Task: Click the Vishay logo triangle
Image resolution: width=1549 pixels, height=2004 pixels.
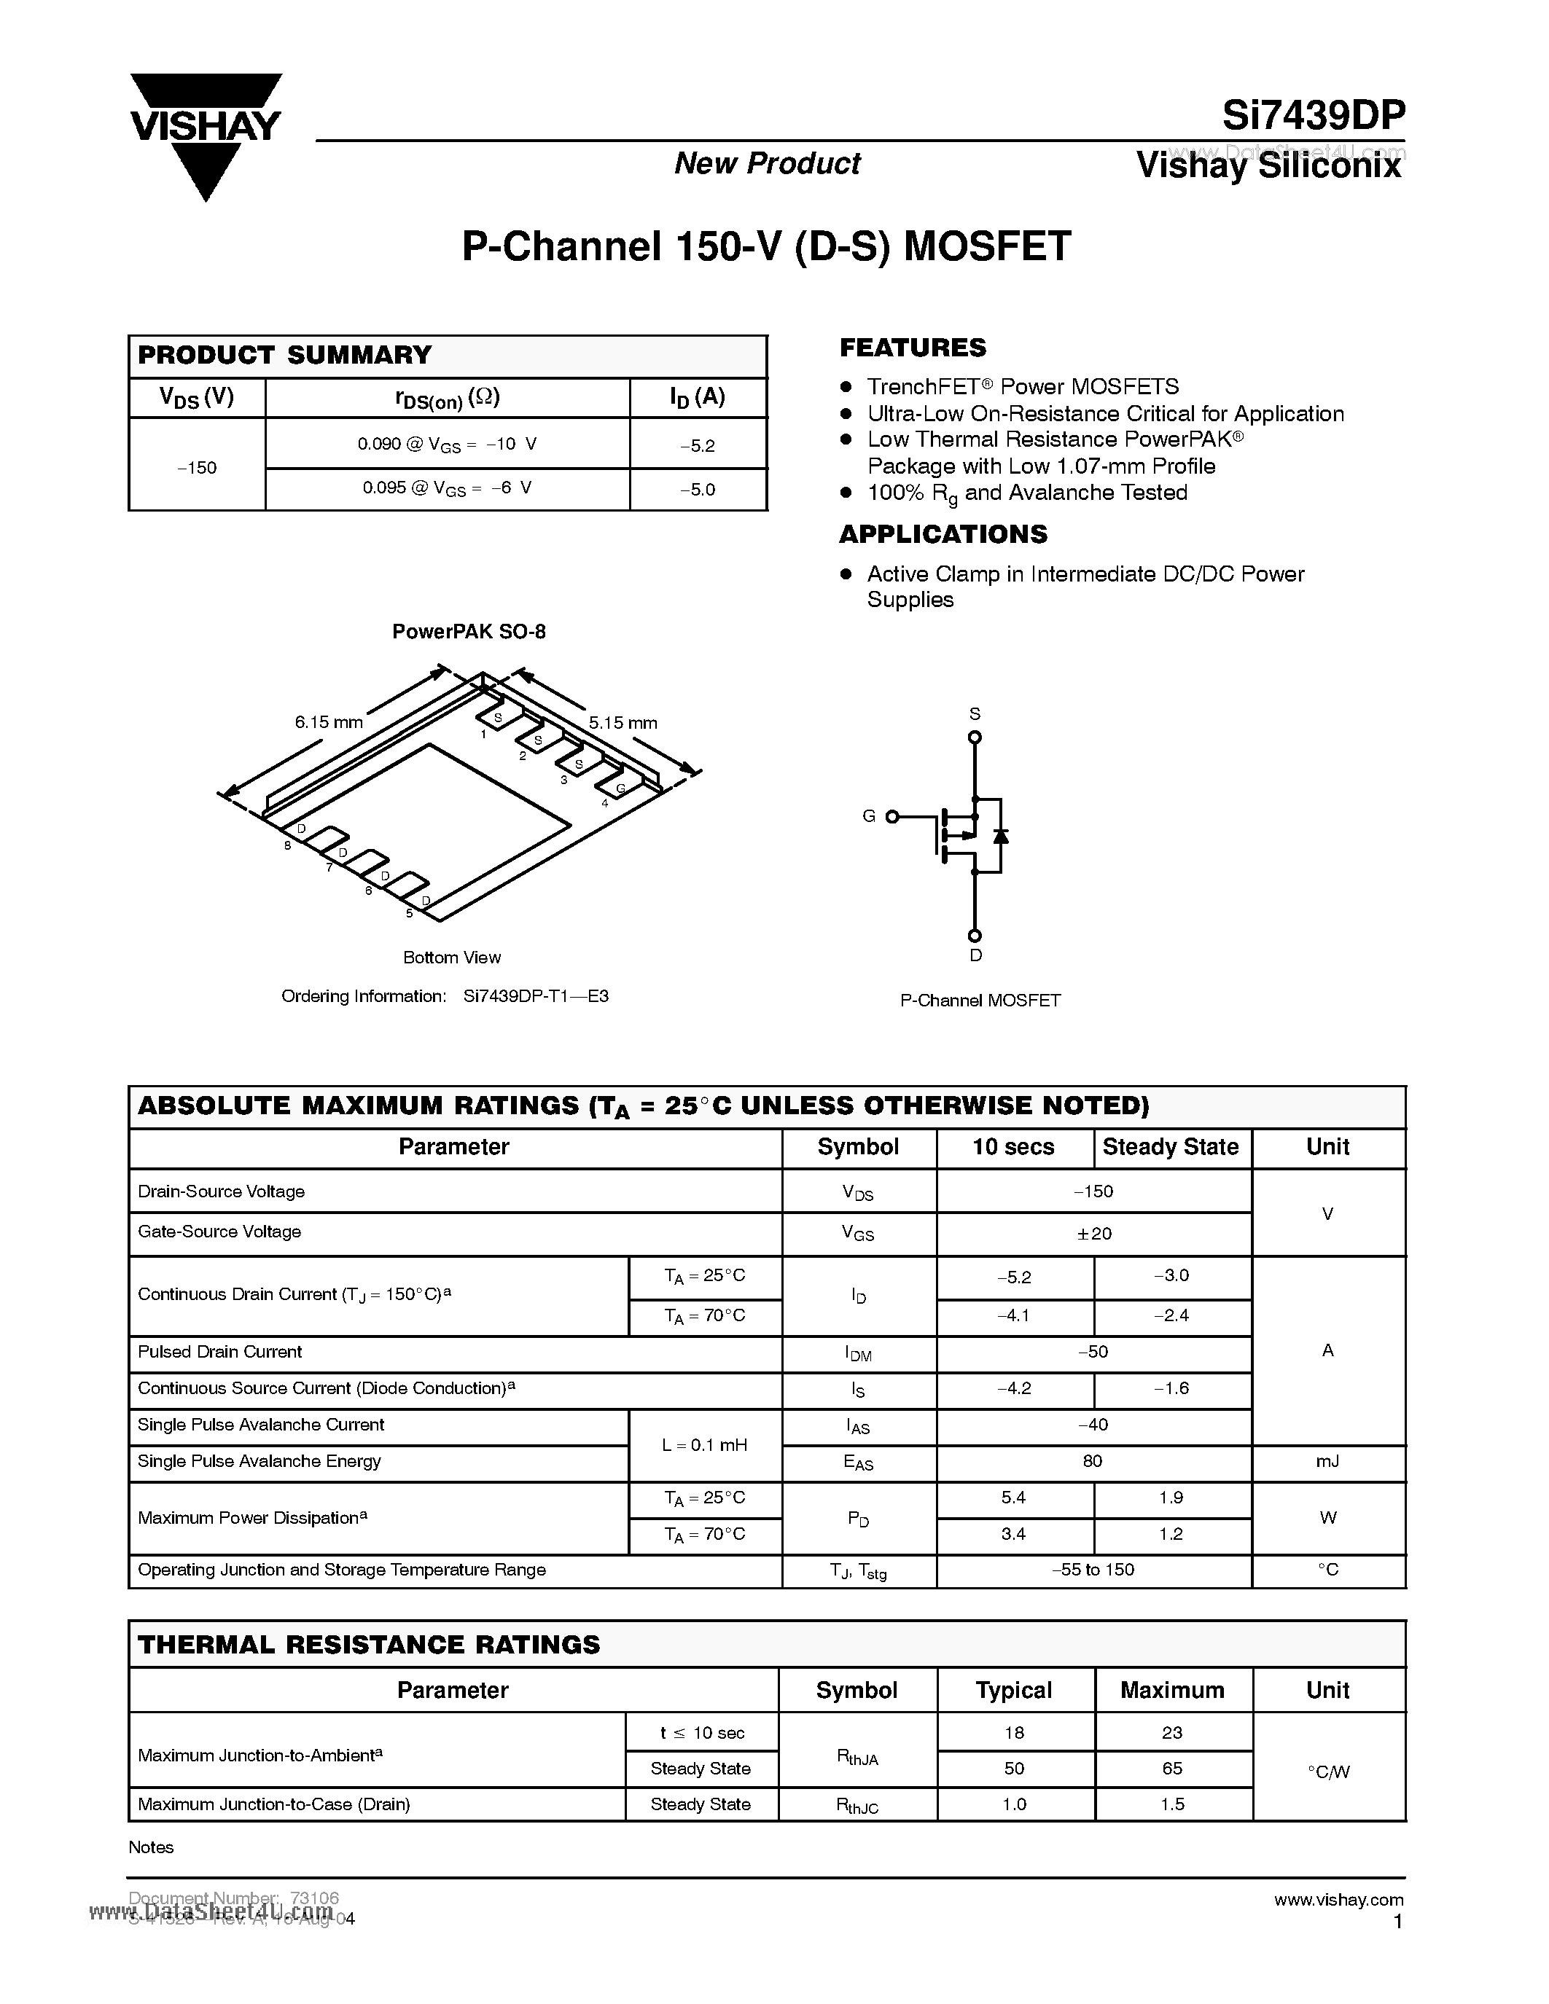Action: click(205, 137)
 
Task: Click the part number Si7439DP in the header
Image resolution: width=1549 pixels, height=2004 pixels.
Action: click(1312, 117)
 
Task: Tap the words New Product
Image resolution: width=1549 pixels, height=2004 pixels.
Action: click(767, 163)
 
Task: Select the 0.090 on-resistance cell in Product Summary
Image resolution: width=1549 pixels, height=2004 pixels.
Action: click(447, 444)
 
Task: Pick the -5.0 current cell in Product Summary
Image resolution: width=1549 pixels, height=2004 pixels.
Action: click(698, 489)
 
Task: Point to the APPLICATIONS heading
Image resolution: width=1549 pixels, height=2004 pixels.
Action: click(943, 534)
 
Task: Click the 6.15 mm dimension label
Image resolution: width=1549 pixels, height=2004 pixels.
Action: click(329, 722)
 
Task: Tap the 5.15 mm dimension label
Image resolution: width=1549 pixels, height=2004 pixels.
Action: click(623, 723)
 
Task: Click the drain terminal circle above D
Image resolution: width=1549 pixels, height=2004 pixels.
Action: click(975, 936)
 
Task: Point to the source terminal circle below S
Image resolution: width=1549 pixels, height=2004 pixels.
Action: click(975, 737)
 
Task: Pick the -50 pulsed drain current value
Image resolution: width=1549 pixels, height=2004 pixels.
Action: click(1094, 1352)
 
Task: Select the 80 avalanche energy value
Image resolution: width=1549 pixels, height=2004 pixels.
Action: click(1092, 1461)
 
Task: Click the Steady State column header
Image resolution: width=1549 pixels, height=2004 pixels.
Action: click(1170, 1147)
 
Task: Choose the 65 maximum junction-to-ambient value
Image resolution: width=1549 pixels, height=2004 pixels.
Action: click(1172, 1768)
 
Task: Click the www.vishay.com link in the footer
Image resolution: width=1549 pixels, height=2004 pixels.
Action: click(1338, 1899)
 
